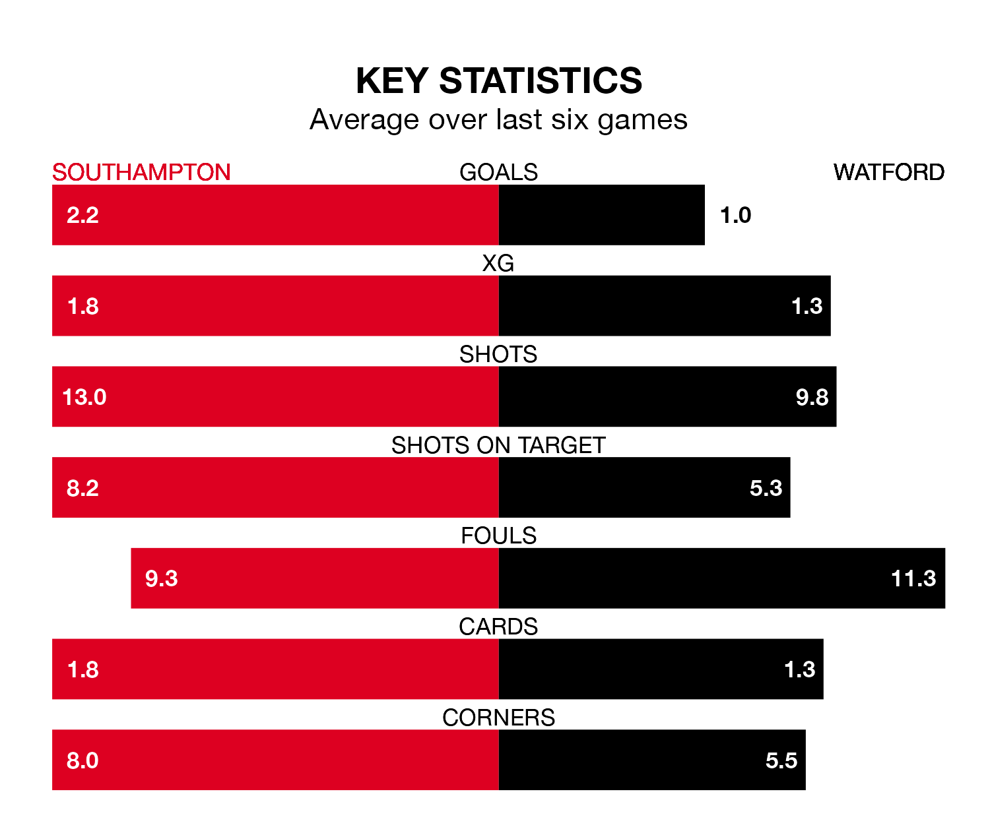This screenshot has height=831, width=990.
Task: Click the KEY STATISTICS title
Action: pos(498,81)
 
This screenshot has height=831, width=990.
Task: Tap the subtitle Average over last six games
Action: pos(498,120)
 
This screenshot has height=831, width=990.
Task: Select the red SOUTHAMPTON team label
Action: pos(141,172)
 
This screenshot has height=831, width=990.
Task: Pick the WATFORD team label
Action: pos(888,172)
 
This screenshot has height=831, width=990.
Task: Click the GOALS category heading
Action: pos(498,172)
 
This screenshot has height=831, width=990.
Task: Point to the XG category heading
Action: pos(498,263)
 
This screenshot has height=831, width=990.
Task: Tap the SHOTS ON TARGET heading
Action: pos(498,445)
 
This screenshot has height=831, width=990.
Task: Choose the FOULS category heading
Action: pos(498,536)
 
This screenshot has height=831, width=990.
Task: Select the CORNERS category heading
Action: pos(498,718)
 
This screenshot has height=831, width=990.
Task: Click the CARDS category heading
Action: pos(498,627)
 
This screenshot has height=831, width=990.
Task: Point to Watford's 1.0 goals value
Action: pos(735,215)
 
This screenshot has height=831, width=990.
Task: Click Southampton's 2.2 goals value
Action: pos(82,215)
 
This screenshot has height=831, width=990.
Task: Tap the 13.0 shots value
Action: pos(84,397)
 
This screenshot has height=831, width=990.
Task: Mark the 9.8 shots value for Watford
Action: pos(812,397)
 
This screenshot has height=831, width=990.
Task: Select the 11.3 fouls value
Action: pos(913,578)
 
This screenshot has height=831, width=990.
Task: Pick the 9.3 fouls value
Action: pos(162,578)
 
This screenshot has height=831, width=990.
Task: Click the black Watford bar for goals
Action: pos(601,215)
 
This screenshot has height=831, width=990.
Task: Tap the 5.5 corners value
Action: pos(781,760)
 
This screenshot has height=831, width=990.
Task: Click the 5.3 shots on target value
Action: pos(766,488)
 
